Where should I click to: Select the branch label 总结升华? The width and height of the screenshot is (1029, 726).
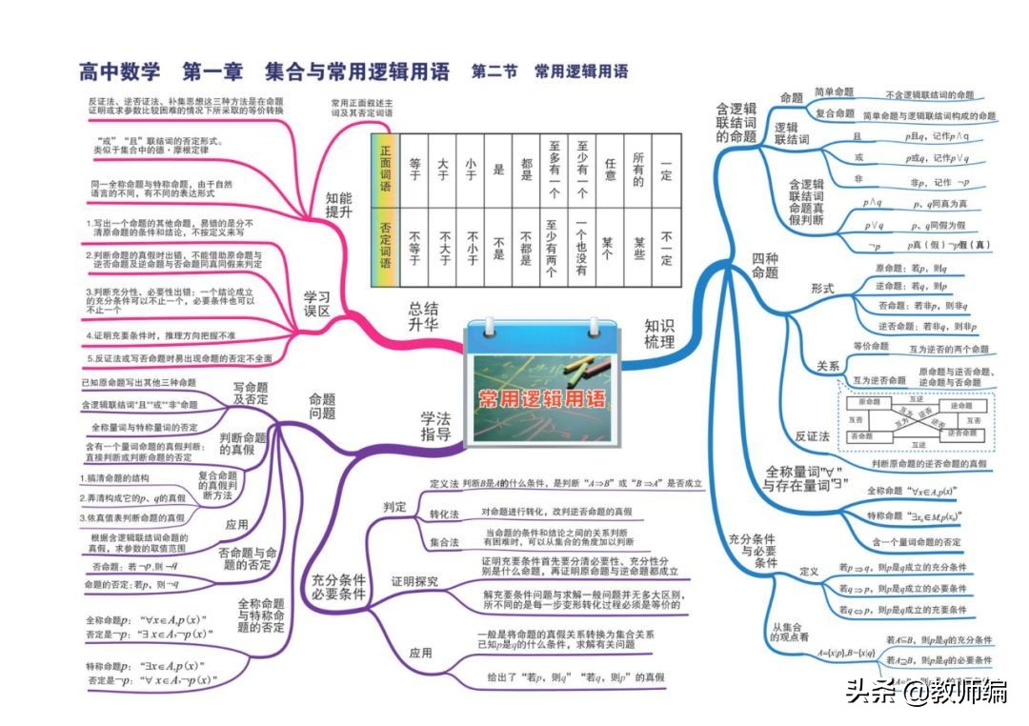(x=424, y=317)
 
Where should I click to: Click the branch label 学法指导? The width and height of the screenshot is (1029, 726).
(x=435, y=426)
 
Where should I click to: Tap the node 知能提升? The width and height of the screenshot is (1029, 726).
(x=338, y=206)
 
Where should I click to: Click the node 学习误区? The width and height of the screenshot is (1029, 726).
(x=316, y=303)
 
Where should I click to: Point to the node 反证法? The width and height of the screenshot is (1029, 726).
(x=812, y=435)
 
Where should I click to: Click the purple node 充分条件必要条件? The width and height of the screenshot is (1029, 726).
(x=337, y=585)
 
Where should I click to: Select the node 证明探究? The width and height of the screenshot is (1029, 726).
(x=414, y=580)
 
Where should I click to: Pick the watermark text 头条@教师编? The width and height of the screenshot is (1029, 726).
(x=926, y=691)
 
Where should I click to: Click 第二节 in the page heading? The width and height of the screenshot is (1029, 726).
(x=494, y=71)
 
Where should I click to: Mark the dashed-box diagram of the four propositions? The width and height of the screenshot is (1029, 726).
(x=915, y=420)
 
